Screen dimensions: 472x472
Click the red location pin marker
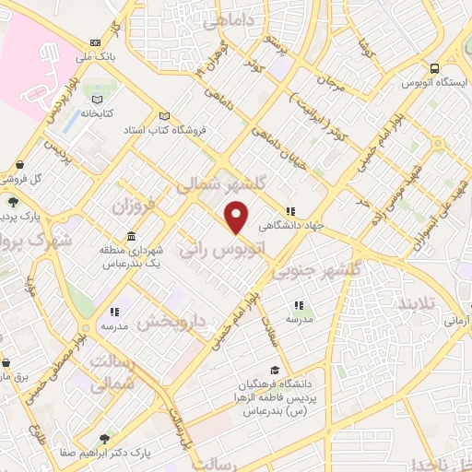237,217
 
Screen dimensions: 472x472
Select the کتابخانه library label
95,114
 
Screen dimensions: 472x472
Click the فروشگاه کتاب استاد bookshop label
192,130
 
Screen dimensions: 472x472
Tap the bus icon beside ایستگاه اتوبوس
433,68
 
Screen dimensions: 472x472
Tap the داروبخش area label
176,323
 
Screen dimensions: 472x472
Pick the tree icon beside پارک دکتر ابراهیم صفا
103,439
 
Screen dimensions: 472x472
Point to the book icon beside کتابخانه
96,100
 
